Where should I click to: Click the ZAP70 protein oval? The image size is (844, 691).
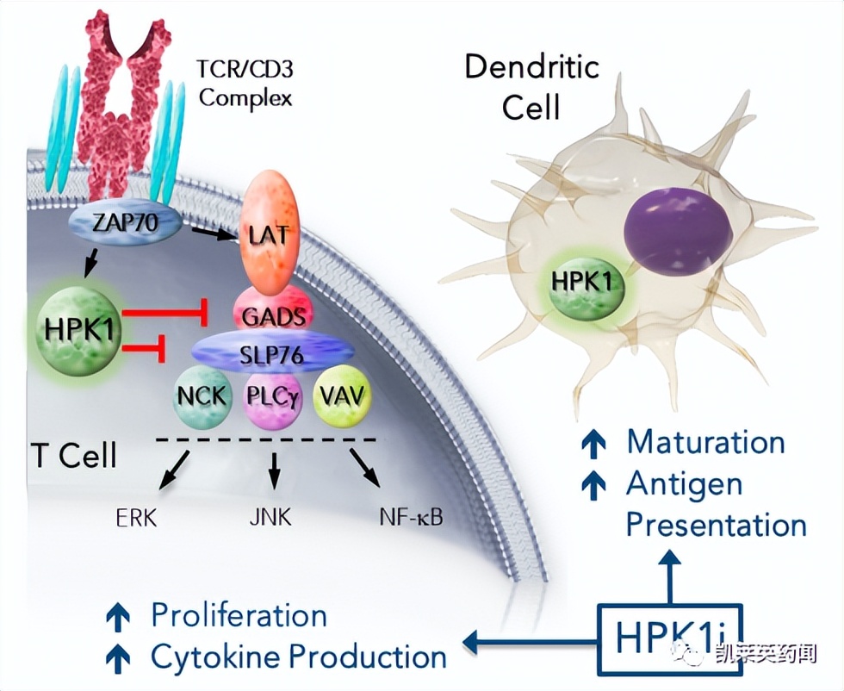(x=127, y=222)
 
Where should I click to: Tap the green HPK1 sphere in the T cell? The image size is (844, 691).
(x=78, y=330)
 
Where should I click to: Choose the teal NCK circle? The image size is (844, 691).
(x=203, y=395)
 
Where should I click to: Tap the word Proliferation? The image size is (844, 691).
(x=239, y=615)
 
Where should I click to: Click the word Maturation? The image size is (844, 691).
(x=705, y=442)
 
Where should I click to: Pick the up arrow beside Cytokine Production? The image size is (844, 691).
(x=117, y=657)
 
